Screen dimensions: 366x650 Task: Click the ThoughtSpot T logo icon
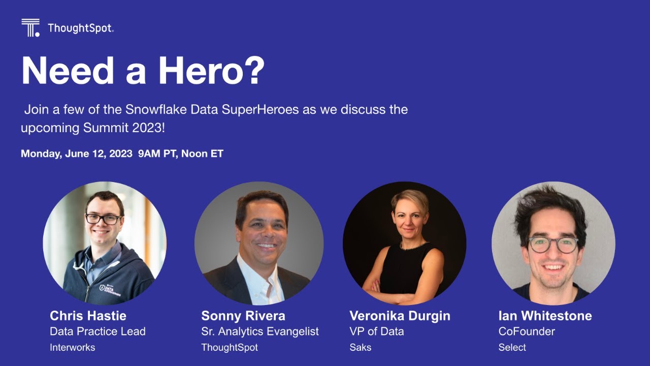pos(30,27)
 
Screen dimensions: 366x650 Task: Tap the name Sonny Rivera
pos(243,316)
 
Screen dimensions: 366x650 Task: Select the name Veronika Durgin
pos(400,316)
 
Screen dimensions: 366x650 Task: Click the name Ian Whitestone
pos(545,316)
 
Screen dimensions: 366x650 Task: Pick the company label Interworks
pos(72,348)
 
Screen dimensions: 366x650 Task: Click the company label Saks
pos(361,348)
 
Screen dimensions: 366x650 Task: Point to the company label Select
pos(512,348)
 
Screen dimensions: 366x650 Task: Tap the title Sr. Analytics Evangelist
pos(260,331)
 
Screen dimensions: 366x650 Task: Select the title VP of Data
pos(377,331)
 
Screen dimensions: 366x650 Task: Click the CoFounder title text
pos(527,331)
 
